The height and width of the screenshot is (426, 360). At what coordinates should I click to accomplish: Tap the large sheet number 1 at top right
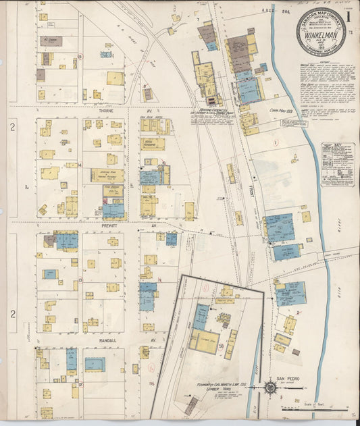coord(349,14)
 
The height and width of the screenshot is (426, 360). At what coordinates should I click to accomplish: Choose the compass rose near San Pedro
coord(270,389)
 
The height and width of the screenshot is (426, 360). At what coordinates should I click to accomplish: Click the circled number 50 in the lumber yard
coord(221,346)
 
